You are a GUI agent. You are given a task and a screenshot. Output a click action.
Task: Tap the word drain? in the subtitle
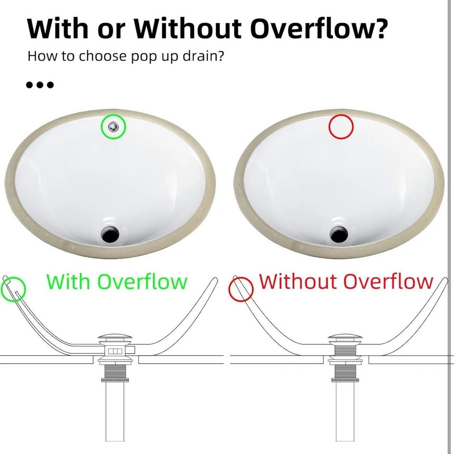(x=203, y=56)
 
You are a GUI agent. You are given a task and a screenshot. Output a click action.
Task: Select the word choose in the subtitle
(x=103, y=56)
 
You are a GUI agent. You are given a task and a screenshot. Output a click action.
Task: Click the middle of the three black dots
(x=40, y=85)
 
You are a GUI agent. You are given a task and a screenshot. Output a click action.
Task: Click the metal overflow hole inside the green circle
(x=113, y=127)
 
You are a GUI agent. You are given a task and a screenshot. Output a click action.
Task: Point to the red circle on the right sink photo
(x=341, y=114)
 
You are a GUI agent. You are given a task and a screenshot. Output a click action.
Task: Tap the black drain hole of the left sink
(x=110, y=234)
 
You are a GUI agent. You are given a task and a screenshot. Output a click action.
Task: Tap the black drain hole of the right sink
(x=339, y=234)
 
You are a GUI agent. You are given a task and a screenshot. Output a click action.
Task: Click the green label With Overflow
(x=117, y=281)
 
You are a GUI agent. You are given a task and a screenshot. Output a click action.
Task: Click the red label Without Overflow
(x=346, y=281)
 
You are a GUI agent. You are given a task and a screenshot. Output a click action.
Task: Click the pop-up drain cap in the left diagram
(x=115, y=338)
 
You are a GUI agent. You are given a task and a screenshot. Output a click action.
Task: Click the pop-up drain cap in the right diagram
(x=345, y=338)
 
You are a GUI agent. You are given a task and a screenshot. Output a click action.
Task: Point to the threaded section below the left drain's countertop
(x=115, y=371)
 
